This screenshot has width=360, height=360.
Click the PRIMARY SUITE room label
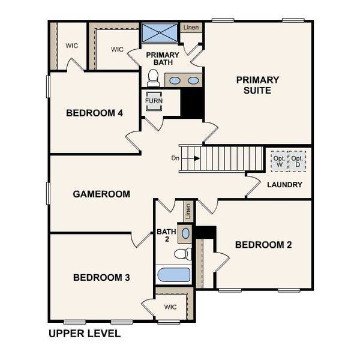(x=257, y=85)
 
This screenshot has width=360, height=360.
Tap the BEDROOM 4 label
(x=94, y=112)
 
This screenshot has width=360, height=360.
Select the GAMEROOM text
(x=101, y=194)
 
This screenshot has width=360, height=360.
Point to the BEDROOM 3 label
(x=101, y=277)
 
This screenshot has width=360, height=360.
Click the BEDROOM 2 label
(x=263, y=244)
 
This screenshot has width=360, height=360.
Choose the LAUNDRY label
(x=284, y=184)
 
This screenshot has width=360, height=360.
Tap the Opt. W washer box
(x=279, y=161)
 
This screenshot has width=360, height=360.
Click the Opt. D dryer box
(x=297, y=161)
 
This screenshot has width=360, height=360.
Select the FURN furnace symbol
(x=154, y=101)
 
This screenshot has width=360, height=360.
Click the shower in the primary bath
(x=160, y=32)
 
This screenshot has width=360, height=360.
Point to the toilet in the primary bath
(x=153, y=78)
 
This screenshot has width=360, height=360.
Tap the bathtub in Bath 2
(x=174, y=275)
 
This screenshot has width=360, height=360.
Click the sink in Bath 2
(x=185, y=233)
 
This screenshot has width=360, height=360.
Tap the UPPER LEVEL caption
(x=84, y=334)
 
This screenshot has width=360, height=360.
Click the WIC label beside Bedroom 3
(x=170, y=307)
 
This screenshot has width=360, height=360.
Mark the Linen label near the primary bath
(x=191, y=28)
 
